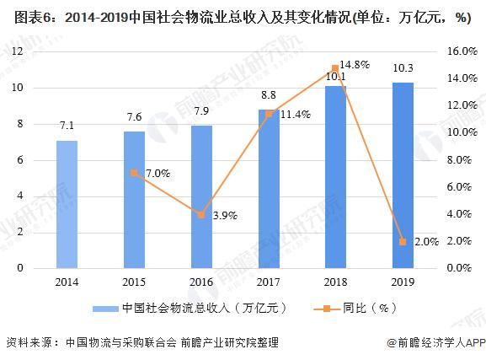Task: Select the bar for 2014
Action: [67, 204]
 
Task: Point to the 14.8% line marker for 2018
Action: [335, 68]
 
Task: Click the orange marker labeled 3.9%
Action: [201, 215]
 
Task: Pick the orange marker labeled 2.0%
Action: [403, 241]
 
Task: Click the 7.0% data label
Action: [158, 174]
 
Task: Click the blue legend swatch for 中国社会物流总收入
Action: [104, 309]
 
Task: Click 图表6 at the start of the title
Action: [21, 19]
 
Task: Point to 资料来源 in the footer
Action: [30, 342]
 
